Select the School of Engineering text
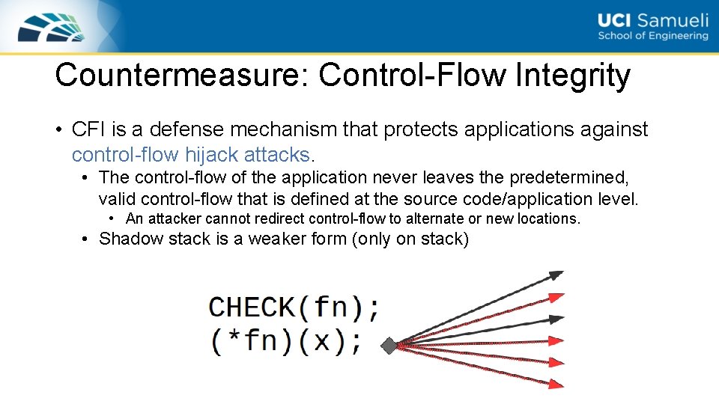[x=652, y=36]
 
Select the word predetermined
[x=568, y=177]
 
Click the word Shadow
[x=128, y=239]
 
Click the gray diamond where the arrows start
[x=389, y=346]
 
